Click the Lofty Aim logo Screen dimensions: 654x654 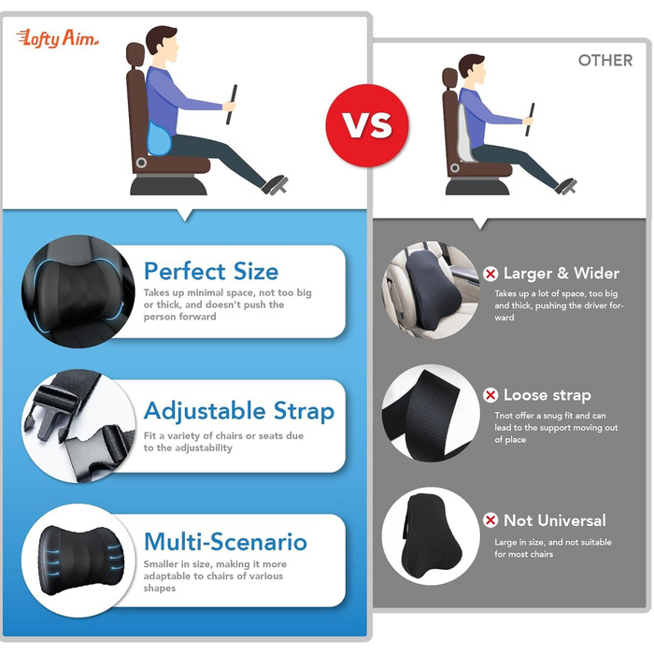[x=58, y=39]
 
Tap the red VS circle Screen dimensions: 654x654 [x=367, y=125]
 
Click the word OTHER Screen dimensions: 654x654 [x=605, y=61]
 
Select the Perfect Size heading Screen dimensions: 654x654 [x=211, y=271]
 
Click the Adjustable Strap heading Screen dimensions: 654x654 [x=239, y=412]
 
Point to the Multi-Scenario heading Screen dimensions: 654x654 [x=225, y=541]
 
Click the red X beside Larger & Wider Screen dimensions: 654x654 [x=490, y=274]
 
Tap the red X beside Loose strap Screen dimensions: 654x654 [x=490, y=395]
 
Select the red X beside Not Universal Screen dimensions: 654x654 [x=490, y=520]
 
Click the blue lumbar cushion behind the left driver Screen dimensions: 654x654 [x=159, y=138]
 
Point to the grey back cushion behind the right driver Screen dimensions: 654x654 [x=466, y=134]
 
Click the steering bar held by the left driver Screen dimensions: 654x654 [x=232, y=105]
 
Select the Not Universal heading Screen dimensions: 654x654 [x=555, y=520]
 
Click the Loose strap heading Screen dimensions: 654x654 [x=547, y=395]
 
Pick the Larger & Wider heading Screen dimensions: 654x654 [x=562, y=274]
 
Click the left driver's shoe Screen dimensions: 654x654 [x=275, y=185]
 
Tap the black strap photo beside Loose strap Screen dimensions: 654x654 [x=431, y=413]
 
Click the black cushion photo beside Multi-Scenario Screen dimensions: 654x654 [x=78, y=561]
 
